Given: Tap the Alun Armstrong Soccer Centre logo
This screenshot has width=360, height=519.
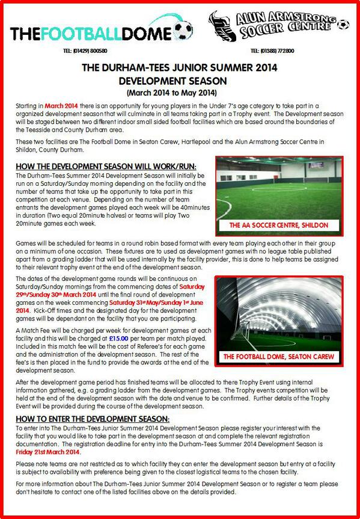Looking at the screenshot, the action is (x=277, y=25).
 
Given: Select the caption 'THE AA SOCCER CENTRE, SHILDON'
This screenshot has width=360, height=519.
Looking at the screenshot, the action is (x=276, y=226).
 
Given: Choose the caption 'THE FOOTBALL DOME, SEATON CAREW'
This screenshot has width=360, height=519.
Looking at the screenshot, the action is (x=276, y=357).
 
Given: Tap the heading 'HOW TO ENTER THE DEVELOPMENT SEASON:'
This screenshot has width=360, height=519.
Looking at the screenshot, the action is (x=93, y=419).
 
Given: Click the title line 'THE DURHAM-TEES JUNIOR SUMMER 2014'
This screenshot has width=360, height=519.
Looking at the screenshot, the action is (x=180, y=68).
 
